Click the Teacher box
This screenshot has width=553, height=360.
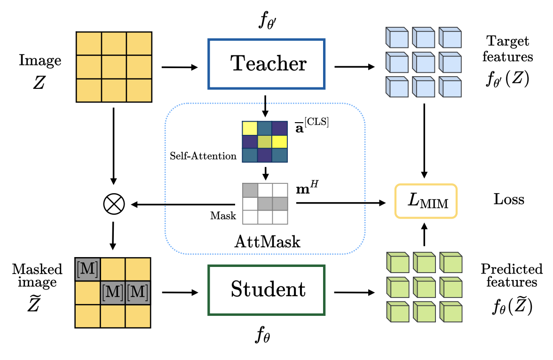[267, 64]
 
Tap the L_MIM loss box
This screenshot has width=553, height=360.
[426, 201]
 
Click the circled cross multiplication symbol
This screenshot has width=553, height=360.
[113, 204]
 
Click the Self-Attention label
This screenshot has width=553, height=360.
[203, 156]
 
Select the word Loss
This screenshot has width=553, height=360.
[509, 199]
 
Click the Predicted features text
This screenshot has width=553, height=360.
[511, 275]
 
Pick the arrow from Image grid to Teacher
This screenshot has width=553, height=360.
[180, 68]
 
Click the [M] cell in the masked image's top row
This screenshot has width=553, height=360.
[87, 269]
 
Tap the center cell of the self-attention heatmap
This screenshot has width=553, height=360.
[265, 141]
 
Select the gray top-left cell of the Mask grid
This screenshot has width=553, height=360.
[250, 190]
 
